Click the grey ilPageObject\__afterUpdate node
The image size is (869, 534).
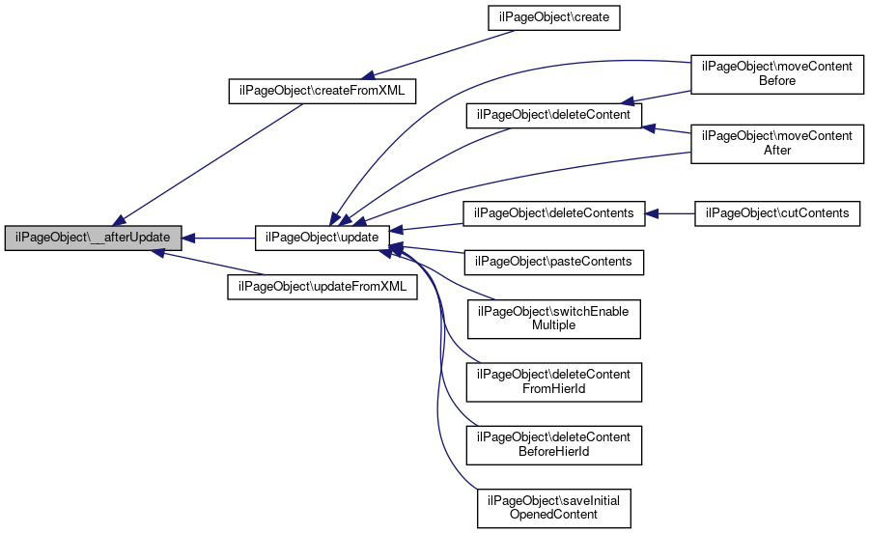tap(93, 238)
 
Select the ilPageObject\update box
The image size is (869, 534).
tap(322, 238)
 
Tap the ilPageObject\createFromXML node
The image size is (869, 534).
tap(322, 91)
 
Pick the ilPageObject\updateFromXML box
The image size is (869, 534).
tap(322, 287)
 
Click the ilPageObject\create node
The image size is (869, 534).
tap(553, 17)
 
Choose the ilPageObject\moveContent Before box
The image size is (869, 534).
tap(777, 74)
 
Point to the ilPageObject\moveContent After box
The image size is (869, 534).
tap(777, 144)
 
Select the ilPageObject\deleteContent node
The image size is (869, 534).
tap(553, 115)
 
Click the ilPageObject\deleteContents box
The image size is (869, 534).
tap(553, 213)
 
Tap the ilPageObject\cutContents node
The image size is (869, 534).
tap(777, 213)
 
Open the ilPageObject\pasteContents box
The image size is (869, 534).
tap(553, 263)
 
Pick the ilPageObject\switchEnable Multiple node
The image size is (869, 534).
tap(553, 319)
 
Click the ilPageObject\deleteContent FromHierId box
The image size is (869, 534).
tap(553, 382)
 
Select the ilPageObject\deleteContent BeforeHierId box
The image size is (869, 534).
tap(553, 445)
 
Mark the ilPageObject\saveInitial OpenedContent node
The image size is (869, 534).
tap(553, 508)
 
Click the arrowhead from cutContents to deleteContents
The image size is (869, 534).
tap(652, 213)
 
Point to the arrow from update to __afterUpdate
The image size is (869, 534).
tap(218, 239)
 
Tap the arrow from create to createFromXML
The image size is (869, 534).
tap(437, 54)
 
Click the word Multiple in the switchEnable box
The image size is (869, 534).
tap(553, 325)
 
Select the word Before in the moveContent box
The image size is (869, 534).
tap(777, 81)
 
